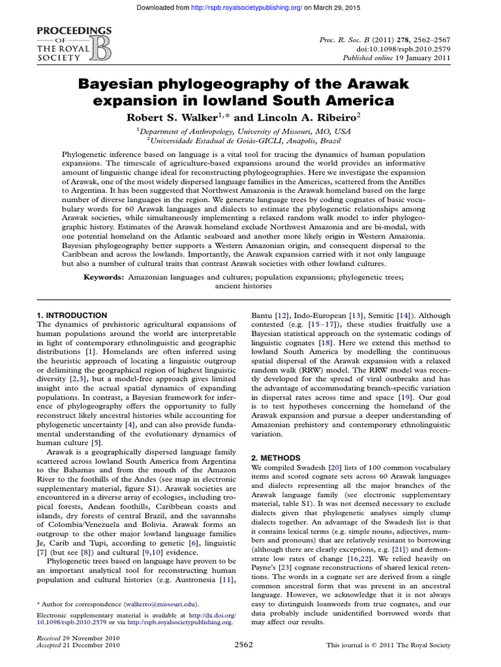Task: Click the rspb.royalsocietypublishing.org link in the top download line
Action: point(254,7)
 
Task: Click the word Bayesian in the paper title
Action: point(139,84)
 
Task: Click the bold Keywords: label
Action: point(104,277)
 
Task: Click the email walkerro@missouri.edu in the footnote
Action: point(166,604)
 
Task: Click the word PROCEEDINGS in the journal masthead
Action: point(65,31)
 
